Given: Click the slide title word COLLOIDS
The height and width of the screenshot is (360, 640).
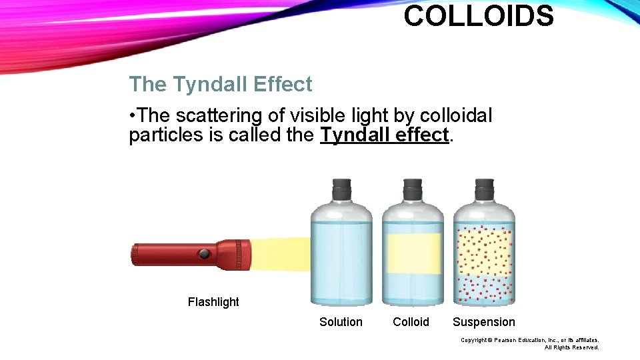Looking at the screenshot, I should (478, 16).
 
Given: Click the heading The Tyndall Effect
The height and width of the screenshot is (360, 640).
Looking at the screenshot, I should (220, 85).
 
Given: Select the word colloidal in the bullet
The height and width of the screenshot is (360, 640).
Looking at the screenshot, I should (453, 116).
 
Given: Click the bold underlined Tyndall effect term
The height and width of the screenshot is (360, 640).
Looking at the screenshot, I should (385, 135).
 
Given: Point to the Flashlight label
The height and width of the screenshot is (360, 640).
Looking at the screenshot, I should (213, 302).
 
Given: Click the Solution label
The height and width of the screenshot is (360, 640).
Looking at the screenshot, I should (341, 322).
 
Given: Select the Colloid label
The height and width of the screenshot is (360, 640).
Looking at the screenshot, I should (411, 322).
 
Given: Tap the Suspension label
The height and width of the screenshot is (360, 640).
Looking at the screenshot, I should (483, 322).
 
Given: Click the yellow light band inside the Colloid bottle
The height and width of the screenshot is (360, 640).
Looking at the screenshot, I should (413, 253).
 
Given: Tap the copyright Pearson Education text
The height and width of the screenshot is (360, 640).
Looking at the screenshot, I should (529, 340).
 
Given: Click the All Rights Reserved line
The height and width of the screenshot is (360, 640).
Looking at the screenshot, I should (571, 347).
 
